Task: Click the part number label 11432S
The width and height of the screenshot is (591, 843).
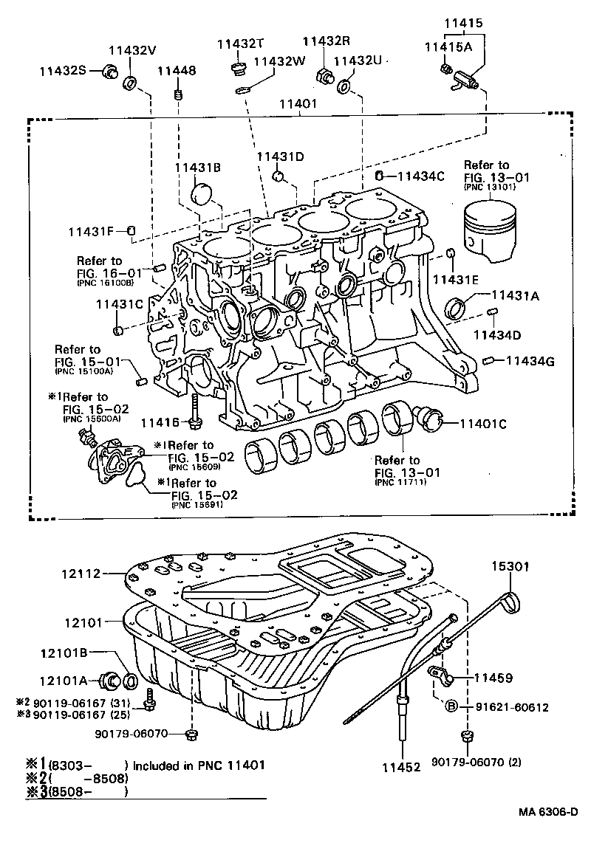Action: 63,70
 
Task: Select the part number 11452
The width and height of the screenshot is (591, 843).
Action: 401,767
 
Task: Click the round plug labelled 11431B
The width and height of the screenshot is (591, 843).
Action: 201,196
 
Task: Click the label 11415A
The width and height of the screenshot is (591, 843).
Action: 448,46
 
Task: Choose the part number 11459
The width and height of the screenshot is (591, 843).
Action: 493,676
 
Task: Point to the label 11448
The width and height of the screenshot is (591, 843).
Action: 176,71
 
